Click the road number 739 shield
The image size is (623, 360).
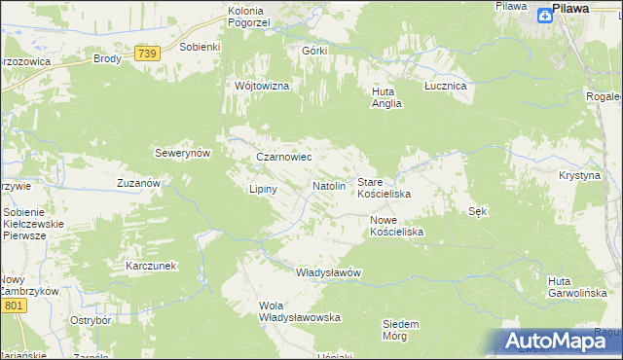147,54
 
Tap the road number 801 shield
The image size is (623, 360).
13,306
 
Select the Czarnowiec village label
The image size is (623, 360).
283,156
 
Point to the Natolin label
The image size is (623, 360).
329,185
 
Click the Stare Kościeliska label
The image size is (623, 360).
384,188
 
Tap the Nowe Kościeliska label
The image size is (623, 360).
396,226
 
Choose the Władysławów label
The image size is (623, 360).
328,272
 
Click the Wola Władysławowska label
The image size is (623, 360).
298,311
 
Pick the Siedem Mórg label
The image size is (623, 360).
400,329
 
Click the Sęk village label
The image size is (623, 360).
477,211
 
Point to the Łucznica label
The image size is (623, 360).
446,86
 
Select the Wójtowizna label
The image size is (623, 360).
262,86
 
